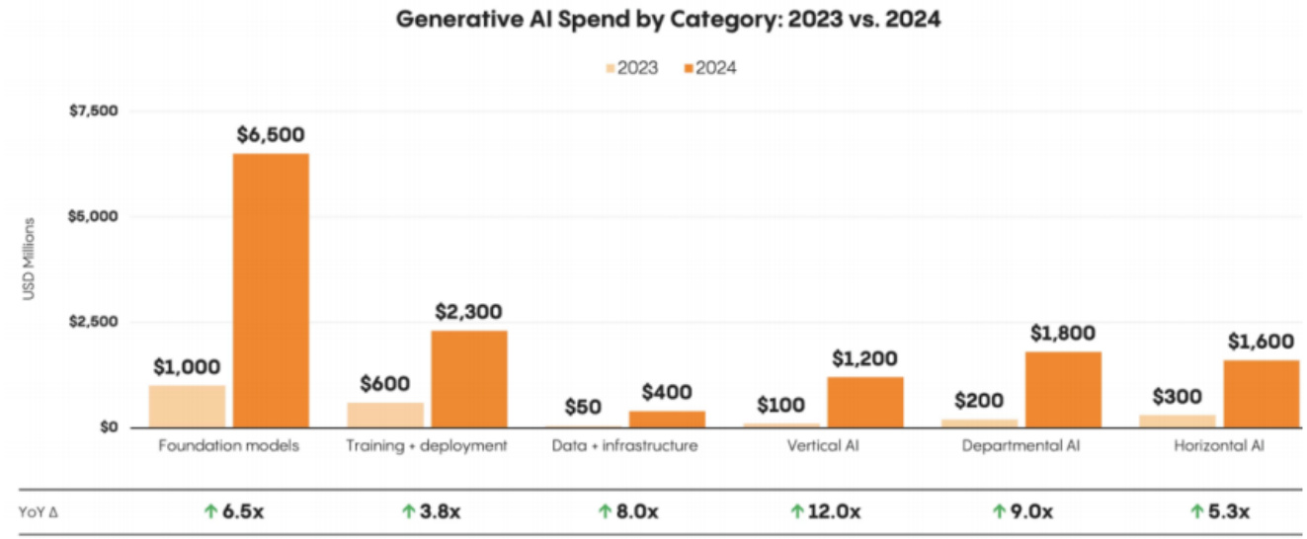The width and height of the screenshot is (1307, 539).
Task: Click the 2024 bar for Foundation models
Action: click(x=271, y=290)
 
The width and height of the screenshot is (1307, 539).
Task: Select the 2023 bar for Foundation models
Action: click(x=187, y=406)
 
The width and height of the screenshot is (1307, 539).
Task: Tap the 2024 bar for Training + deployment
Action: click(x=468, y=378)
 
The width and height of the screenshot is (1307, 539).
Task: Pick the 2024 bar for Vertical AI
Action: click(x=864, y=402)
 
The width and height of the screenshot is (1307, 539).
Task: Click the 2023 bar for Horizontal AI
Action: click(x=1178, y=421)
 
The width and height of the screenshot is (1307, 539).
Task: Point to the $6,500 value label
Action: click(x=271, y=134)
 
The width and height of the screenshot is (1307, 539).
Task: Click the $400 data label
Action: click(x=667, y=392)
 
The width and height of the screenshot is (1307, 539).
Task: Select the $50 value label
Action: click(x=584, y=406)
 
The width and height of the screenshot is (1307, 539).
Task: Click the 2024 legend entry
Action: click(x=710, y=68)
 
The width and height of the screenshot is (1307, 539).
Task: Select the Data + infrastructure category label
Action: click(x=624, y=446)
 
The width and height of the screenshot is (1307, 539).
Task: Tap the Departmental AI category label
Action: click(x=1021, y=446)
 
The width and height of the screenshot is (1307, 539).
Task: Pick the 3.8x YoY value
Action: click(x=438, y=511)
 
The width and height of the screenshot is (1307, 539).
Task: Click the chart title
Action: click(x=668, y=20)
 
